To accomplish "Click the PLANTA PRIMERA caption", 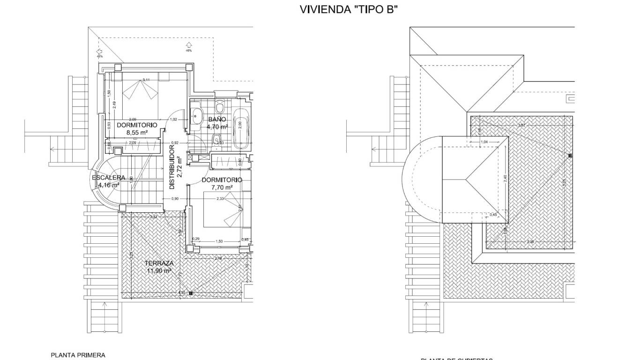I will pos(78,355).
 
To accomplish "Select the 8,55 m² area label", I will pos(137,133).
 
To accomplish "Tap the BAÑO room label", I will pos(217,120).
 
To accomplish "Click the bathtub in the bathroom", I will pos(242,128).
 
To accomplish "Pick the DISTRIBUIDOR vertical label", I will pos(172,167).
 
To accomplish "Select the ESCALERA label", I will pos(108,178).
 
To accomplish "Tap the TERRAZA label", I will pos(159,263).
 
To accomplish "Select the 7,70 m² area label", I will pos(222,187).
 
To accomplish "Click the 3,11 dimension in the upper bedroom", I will pos(146,80).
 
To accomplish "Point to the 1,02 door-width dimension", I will pos(174,120).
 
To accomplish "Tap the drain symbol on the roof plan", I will pos(570,155).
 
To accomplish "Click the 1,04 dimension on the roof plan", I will pos(484,142).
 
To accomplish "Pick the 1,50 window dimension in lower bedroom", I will pos(219,241).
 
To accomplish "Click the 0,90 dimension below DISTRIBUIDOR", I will pos(175,199).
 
